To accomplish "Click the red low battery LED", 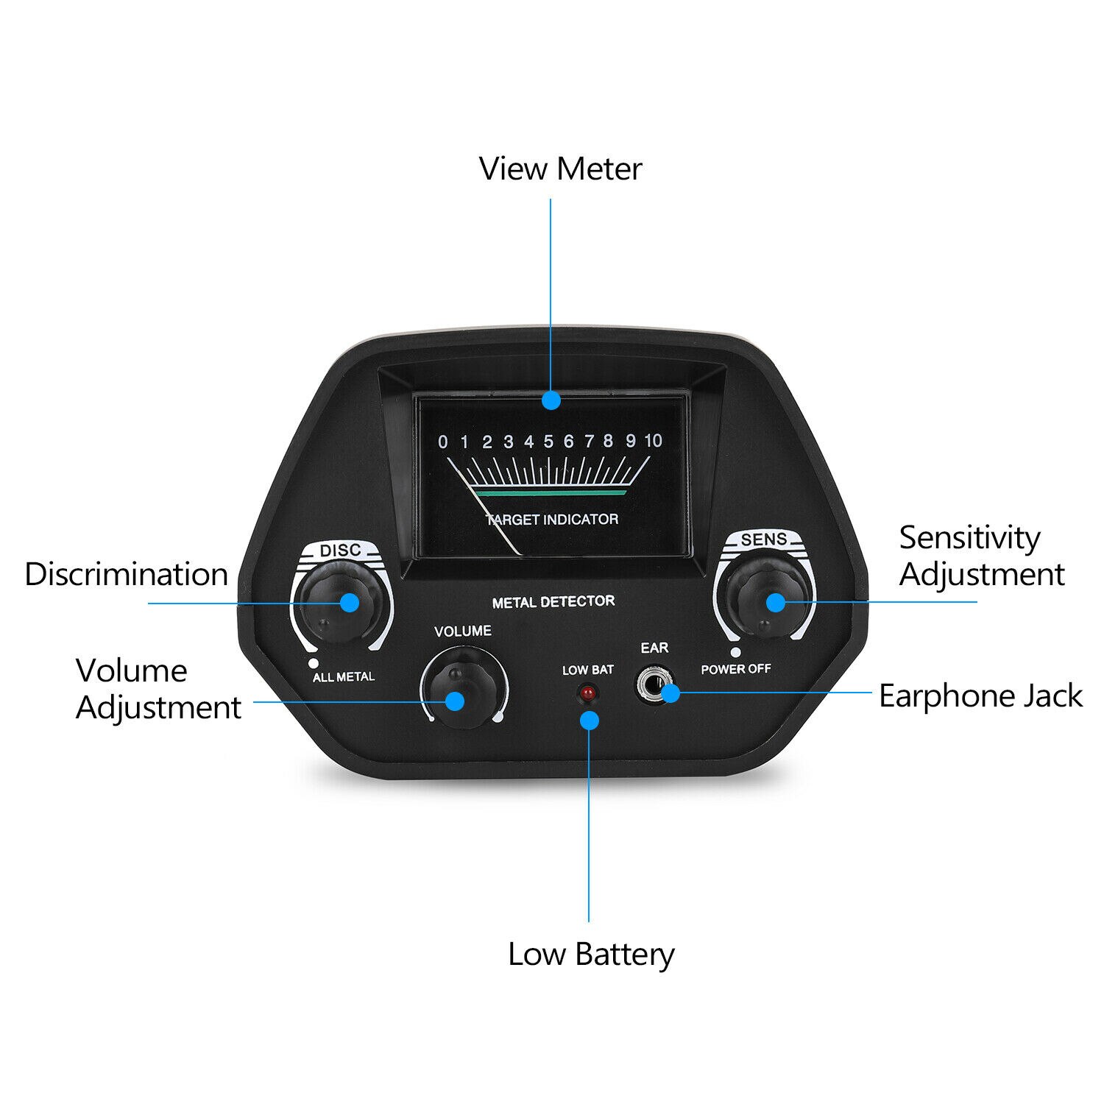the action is click(588, 693).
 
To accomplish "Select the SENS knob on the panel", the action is click(765, 596).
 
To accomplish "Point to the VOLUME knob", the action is click(463, 688).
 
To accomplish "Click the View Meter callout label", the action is click(561, 169).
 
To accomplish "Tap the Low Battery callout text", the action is click(591, 955).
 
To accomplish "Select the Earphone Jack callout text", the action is click(980, 696).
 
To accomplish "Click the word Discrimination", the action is click(127, 574).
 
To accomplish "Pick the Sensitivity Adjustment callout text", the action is click(982, 556).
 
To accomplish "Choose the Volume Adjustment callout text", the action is click(158, 689).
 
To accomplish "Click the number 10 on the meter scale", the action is click(654, 441).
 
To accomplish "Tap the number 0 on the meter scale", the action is click(442, 442).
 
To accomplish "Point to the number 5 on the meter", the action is click(548, 442).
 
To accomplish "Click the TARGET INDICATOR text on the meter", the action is click(552, 520).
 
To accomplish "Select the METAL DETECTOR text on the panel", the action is click(553, 602).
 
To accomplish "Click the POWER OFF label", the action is click(736, 669).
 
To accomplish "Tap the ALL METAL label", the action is click(344, 677).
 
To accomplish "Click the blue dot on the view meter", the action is click(551, 400).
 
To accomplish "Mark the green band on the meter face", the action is click(551, 489).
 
